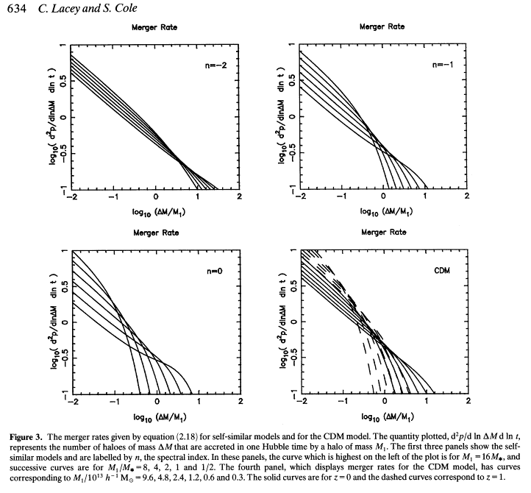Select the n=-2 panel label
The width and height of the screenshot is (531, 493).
point(215,65)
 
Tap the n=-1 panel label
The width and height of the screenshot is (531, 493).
point(443,65)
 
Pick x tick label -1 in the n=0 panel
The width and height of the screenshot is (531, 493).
point(113,403)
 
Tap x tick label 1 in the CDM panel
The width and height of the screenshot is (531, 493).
point(426,403)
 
